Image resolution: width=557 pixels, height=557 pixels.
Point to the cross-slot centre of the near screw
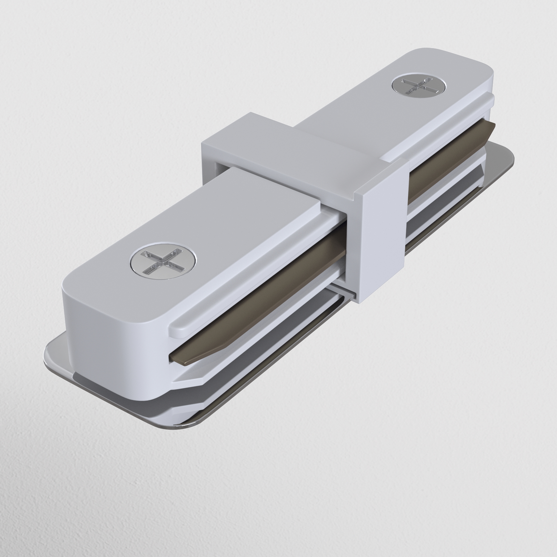163,261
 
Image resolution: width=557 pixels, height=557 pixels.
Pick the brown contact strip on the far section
450,162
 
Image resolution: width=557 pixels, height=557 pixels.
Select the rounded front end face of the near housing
115,346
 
